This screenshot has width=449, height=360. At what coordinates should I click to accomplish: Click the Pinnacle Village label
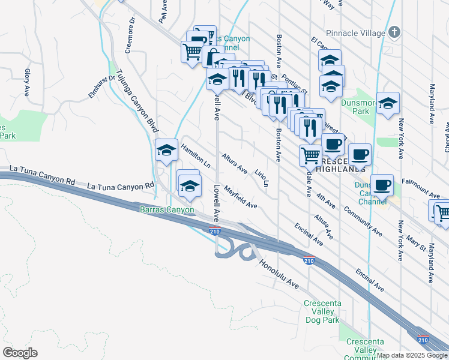click(x=355, y=33)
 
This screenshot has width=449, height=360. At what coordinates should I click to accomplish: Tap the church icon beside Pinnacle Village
click(x=394, y=32)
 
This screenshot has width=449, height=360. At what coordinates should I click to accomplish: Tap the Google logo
click(x=20, y=353)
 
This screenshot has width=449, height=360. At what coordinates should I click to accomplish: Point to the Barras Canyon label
click(x=167, y=209)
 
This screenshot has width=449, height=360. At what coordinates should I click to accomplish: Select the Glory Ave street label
click(x=27, y=82)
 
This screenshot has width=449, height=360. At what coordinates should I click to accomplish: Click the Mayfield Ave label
click(x=241, y=198)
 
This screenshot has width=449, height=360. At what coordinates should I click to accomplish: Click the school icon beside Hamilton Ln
click(x=167, y=151)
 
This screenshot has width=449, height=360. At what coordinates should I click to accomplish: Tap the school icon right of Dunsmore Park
click(x=388, y=104)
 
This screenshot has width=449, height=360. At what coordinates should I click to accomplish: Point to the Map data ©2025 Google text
click(x=412, y=355)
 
